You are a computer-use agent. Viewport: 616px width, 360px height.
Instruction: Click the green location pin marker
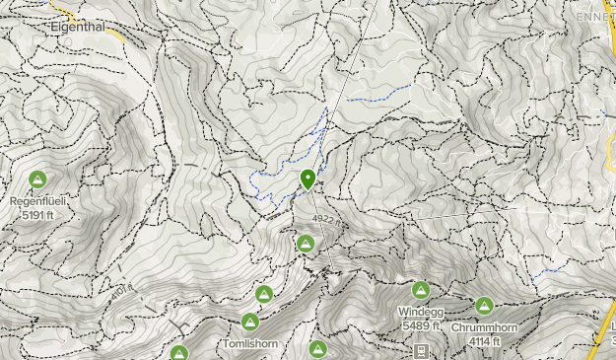click(x=308, y=179)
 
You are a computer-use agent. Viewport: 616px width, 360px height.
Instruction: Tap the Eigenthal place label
click(x=77, y=29)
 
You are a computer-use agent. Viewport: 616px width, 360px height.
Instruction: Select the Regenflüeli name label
click(x=37, y=201)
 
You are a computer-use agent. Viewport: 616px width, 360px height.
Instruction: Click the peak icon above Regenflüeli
click(x=37, y=180)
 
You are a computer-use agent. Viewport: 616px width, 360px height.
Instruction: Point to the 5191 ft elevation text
click(x=37, y=214)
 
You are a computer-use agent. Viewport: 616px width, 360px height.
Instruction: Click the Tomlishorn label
click(x=250, y=343)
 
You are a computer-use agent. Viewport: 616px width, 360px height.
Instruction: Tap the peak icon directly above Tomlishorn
click(x=249, y=323)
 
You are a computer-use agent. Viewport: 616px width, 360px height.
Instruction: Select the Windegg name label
click(x=420, y=313)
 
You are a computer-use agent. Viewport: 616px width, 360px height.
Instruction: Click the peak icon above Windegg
click(x=420, y=290)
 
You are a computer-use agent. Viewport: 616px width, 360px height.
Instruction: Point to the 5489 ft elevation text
click(x=420, y=325)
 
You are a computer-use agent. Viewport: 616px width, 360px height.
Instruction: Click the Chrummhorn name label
click(x=484, y=328)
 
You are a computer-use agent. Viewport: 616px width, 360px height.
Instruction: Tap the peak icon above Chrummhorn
click(x=484, y=307)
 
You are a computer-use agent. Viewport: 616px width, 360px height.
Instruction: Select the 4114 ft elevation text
click(x=484, y=341)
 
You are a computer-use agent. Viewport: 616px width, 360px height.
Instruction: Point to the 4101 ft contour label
click(x=119, y=293)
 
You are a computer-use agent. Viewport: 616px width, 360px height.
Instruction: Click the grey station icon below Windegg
click(x=421, y=350)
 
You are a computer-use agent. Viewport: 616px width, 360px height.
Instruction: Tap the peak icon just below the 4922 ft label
click(x=306, y=244)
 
